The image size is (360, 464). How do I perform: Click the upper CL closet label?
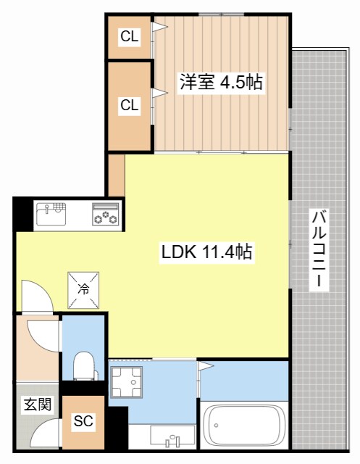coord(130,36)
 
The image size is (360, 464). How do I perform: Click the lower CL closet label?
coord(130,105)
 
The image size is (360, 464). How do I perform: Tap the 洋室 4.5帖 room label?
coord(221,82)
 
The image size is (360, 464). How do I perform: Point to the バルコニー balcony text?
coord(317,250)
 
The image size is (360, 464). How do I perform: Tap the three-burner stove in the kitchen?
coord(106,215)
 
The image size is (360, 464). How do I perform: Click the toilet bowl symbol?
coord(85,363)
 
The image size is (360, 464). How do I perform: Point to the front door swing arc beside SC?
coord(45,435)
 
